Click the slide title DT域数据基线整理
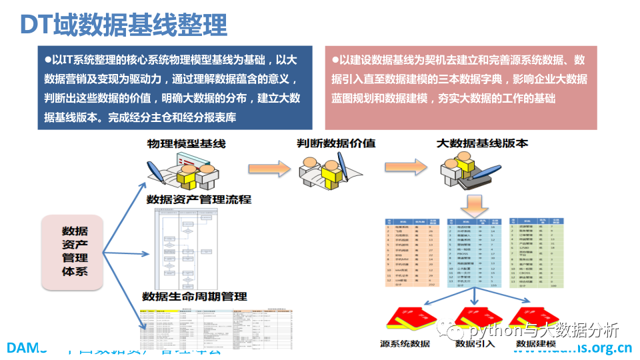pyautogui.click(x=124, y=25)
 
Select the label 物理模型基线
pyautogui.click(x=187, y=143)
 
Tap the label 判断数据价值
pyautogui.click(x=336, y=143)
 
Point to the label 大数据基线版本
pyautogui.click(x=482, y=143)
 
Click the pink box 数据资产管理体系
pyautogui.click(x=74, y=252)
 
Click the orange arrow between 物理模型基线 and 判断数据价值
pyautogui.click(x=264, y=169)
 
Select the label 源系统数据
pyautogui.click(x=405, y=345)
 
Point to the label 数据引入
pyautogui.click(x=474, y=345)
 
